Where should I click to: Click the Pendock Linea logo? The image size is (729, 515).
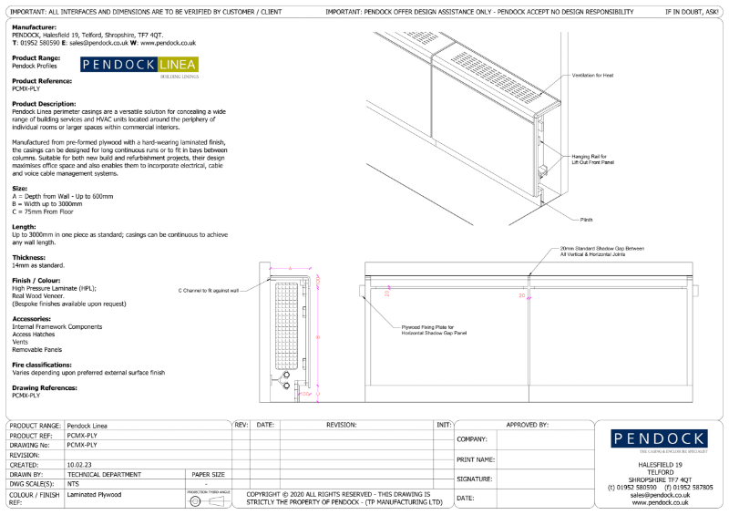[x=139, y=66]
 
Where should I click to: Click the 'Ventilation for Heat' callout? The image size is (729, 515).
[x=593, y=75]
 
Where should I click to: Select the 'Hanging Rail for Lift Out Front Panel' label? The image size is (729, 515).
[x=592, y=160]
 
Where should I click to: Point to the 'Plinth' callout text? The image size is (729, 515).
[x=586, y=220]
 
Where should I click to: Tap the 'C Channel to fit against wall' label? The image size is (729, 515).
[x=209, y=291]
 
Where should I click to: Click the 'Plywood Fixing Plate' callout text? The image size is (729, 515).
[x=434, y=330]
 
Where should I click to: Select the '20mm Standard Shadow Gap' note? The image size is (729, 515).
[x=601, y=251]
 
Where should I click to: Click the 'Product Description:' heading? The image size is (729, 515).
[x=44, y=104]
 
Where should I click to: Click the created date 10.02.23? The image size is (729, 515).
[x=79, y=464]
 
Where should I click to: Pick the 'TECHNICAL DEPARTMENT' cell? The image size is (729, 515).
[x=104, y=474]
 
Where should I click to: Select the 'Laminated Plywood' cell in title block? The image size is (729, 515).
[x=94, y=494]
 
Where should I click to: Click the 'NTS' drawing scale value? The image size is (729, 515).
[x=73, y=484]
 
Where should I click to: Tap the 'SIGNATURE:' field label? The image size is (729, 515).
[x=474, y=479]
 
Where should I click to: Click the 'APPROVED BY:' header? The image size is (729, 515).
[x=527, y=425]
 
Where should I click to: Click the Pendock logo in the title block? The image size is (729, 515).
[x=659, y=439]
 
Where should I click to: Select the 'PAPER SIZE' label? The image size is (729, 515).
[x=208, y=474]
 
